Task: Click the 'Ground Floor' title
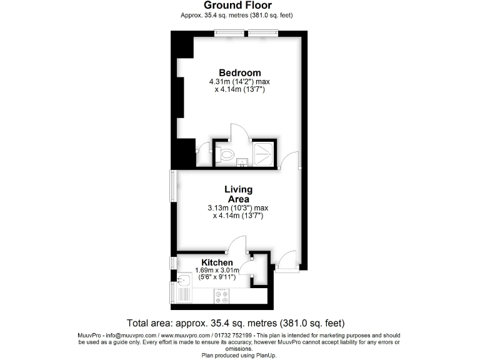[x=237, y=6]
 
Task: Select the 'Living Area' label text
[x=238, y=194]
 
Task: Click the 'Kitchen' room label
[x=217, y=262]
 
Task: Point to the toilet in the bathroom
[x=227, y=153]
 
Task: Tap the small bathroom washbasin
[x=242, y=163]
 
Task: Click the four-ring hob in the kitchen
[x=222, y=296]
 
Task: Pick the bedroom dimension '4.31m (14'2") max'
[x=239, y=82]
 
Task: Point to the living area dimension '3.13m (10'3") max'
[x=238, y=208]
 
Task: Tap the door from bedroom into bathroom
[x=240, y=132]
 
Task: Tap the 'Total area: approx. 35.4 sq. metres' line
[x=236, y=323]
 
